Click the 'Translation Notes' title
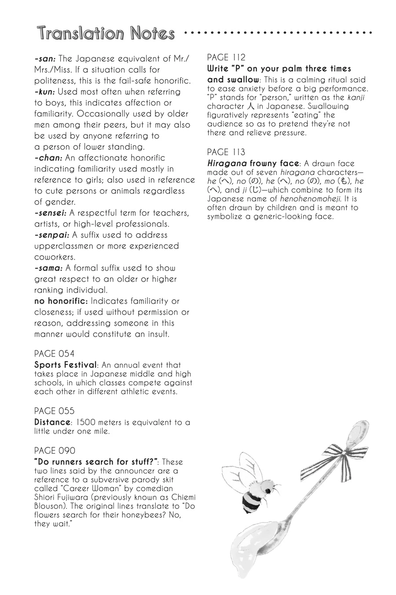pyautogui.click(x=106, y=33)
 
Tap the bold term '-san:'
pyautogui.click(x=45, y=59)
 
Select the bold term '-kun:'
pyautogui.click(x=45, y=92)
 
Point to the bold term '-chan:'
pyautogui.click(x=48, y=158)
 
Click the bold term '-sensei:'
pyautogui.click(x=50, y=213)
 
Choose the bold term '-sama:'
pyautogui.click(x=49, y=268)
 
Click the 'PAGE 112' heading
pyautogui.click(x=226, y=57)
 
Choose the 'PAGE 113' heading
pyautogui.click(x=226, y=152)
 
